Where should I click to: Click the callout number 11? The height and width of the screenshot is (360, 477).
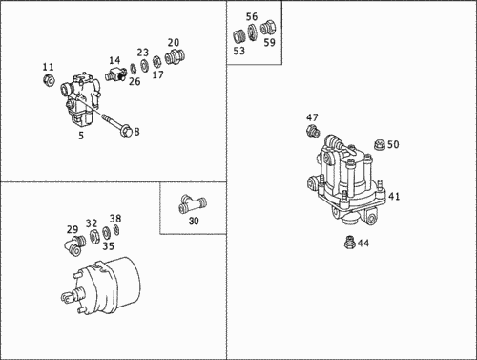click(49, 67)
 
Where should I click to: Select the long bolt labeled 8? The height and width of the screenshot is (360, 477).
click(116, 125)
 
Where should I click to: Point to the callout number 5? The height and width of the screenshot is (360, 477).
click(81, 136)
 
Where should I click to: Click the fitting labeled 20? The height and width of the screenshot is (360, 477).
click(175, 56)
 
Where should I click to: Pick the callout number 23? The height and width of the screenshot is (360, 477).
click(143, 53)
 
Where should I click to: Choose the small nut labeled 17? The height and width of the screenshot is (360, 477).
click(156, 61)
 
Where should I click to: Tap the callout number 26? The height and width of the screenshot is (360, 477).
click(135, 81)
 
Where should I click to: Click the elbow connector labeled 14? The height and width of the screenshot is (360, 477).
click(115, 74)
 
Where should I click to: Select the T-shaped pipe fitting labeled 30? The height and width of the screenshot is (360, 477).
click(193, 203)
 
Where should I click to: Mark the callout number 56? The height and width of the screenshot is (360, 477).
click(252, 16)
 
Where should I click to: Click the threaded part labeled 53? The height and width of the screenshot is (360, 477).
click(239, 37)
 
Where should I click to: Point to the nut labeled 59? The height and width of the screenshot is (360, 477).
click(268, 28)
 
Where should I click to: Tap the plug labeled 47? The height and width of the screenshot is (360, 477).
click(313, 131)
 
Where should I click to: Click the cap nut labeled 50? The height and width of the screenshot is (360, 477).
click(380, 145)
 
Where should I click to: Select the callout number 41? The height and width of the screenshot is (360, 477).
click(394, 197)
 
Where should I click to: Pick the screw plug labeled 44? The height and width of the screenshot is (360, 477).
click(350, 243)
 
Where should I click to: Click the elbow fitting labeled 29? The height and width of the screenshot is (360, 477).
click(75, 244)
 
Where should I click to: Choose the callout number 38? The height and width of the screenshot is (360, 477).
click(115, 219)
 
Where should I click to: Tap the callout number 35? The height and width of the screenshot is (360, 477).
click(109, 246)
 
